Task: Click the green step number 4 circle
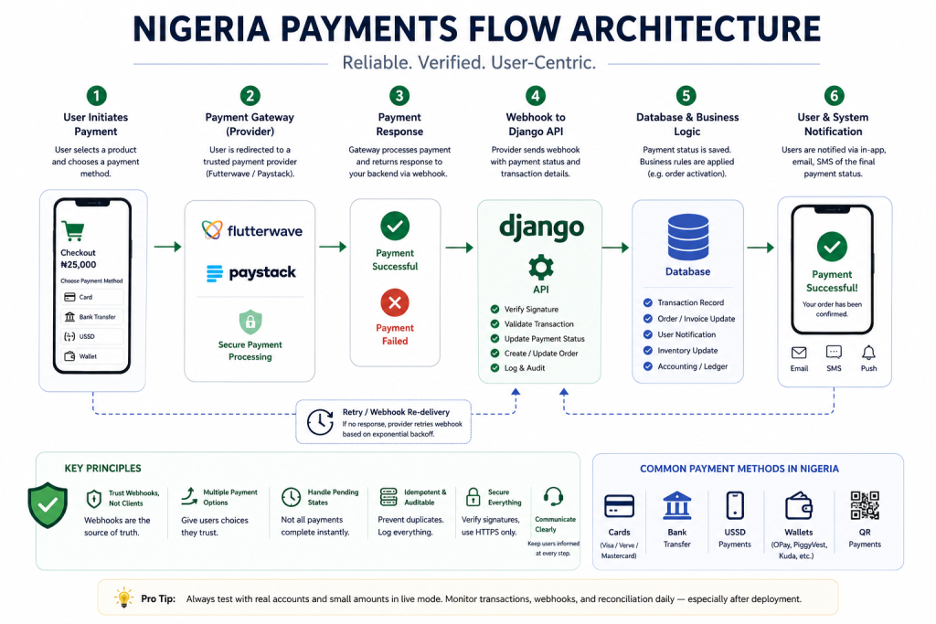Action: pos(536,95)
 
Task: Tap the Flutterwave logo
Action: pos(252,230)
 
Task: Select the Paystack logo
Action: pos(250,272)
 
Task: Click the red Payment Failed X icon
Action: pos(395,302)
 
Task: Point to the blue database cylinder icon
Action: pos(687,237)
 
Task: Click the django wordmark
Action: pos(541,227)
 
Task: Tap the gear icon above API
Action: pos(541,268)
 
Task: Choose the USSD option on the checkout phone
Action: pos(92,336)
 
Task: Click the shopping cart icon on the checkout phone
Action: pos(73,230)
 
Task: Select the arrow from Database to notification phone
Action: pos(760,247)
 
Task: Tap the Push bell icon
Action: pos(868,353)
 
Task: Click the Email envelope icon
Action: pos(799,353)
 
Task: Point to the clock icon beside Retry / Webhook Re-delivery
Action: pos(320,422)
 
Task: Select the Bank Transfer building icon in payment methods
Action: pos(677,506)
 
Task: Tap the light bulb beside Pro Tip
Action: pos(123,598)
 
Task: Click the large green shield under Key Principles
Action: pos(48,505)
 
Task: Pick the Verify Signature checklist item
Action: pos(524,309)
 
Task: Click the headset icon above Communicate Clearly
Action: pos(553,496)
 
